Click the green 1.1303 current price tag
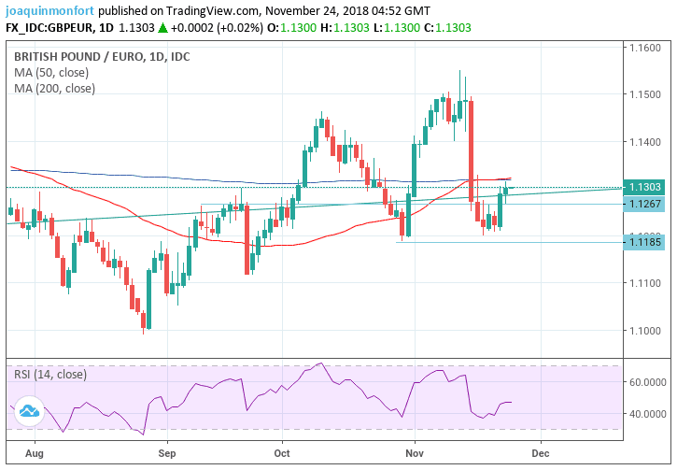pos(645,188)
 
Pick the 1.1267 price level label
pos(645,205)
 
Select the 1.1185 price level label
pos(645,243)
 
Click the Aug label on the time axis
pos(34,450)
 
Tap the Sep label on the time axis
pos(166,450)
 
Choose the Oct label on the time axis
pos(283,450)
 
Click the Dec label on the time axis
pos(539,450)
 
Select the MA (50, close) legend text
pos(53,72)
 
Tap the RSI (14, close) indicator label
pos(50,374)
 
